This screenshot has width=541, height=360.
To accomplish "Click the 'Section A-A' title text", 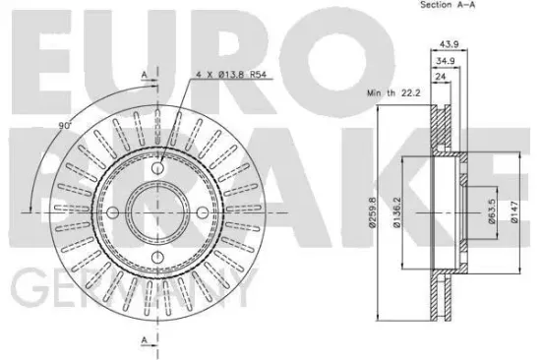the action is pyautogui.click(x=448, y=5).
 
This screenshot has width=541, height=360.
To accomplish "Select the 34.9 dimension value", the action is pyautogui.click(x=446, y=61).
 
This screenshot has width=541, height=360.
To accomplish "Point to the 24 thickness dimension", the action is pyautogui.click(x=441, y=77).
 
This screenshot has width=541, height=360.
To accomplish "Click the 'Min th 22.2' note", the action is pyautogui.click(x=393, y=92).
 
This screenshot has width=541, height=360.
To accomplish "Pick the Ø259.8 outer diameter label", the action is pyautogui.click(x=372, y=212).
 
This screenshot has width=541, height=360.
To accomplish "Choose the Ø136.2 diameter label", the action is pyautogui.click(x=396, y=212).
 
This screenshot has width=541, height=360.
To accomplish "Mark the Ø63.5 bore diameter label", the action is pyautogui.click(x=492, y=211).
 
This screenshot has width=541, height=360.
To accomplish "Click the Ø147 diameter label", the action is pyautogui.click(x=514, y=212).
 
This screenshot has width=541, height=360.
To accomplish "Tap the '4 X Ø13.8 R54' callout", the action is pyautogui.click(x=231, y=74).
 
